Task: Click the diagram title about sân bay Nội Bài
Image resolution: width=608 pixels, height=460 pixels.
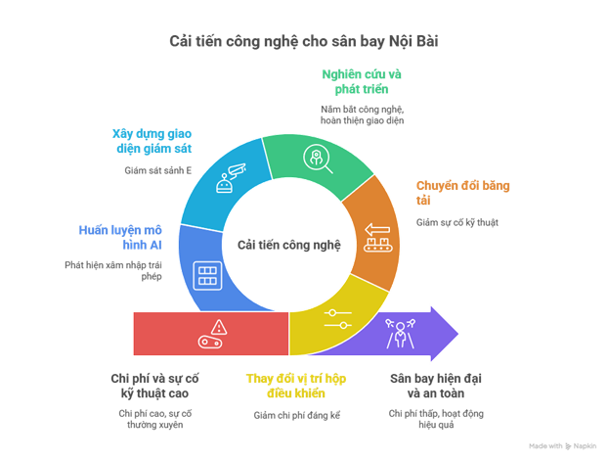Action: click(304, 40)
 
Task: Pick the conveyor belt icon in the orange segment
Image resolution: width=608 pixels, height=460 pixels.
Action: click(377, 236)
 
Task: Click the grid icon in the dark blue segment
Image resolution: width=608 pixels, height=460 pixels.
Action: click(206, 272)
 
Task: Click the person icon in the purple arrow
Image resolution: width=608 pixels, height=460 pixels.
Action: click(401, 332)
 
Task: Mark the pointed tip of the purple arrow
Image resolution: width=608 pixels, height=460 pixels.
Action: click(459, 334)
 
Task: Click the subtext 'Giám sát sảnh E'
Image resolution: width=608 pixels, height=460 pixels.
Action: click(157, 168)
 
